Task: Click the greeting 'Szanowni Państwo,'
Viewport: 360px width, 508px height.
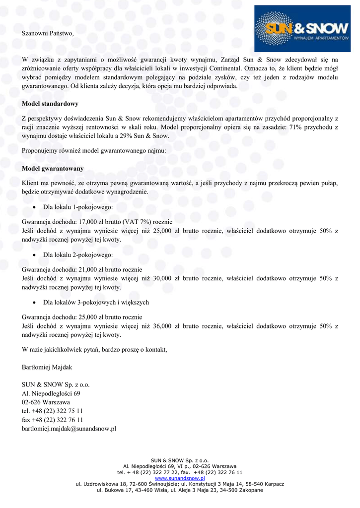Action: [x=48, y=34]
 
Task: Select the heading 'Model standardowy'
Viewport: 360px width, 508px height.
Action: [x=50, y=104]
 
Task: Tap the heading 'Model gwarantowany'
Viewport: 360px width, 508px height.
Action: [x=53, y=169]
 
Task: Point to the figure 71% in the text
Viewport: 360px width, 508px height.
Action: [x=277, y=127]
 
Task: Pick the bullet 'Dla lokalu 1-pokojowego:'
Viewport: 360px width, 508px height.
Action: [x=78, y=206]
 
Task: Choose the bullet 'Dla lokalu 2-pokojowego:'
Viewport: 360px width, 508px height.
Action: [x=78, y=254]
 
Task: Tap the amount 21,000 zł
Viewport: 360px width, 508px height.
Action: [x=83, y=269]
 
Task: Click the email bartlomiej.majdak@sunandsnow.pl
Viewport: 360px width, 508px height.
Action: [x=69, y=429]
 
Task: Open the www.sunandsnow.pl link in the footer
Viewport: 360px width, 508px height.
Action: [x=180, y=478]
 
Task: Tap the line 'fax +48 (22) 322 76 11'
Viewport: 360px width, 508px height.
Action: [x=53, y=420]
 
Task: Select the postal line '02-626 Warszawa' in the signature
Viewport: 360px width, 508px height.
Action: [x=46, y=402]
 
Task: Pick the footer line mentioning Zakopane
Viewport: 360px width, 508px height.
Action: [x=180, y=490]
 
